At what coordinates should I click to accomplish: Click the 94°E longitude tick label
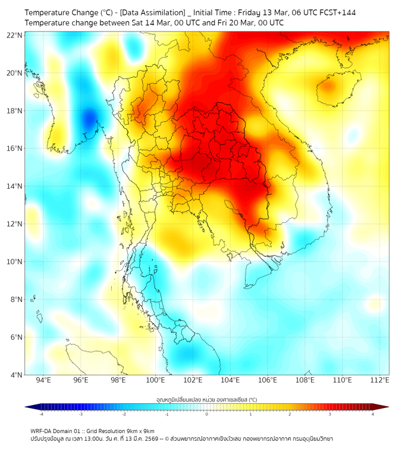(43, 380)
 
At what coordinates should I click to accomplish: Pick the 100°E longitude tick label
(155, 380)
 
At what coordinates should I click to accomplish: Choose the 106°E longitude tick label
(268, 380)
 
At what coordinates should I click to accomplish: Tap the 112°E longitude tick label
(380, 380)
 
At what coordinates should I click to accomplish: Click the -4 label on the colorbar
(41, 414)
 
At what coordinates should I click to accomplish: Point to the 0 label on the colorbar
(207, 414)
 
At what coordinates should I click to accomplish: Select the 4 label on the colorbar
(373, 414)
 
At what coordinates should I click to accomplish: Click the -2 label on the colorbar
(124, 414)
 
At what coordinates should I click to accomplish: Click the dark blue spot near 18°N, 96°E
(89, 117)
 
